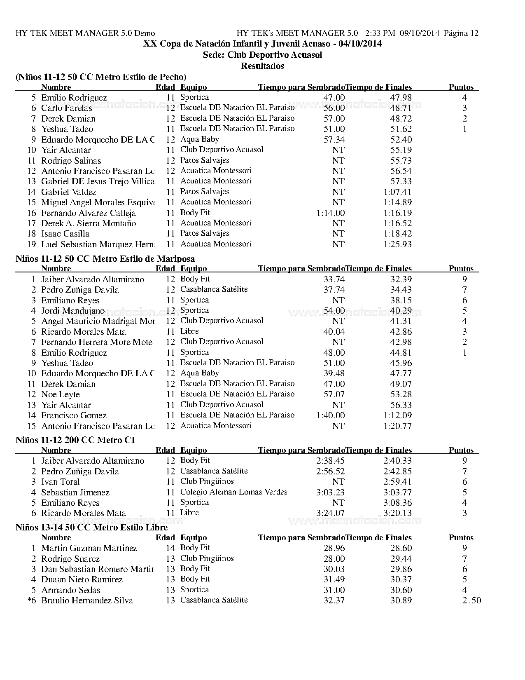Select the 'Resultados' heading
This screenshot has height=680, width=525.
[262, 66]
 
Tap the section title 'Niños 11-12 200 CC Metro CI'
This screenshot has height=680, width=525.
[75, 440]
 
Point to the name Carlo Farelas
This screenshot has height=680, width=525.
[67, 108]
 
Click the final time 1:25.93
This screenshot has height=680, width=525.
[397, 244]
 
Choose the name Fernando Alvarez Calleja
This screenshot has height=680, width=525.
[89, 213]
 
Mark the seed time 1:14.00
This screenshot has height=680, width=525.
[331, 213]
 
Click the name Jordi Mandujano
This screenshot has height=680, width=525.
[73, 311]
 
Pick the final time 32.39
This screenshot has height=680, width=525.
[401, 279]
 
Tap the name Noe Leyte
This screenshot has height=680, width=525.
[61, 394]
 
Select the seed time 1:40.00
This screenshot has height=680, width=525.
[331, 415]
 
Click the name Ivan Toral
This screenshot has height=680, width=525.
[61, 482]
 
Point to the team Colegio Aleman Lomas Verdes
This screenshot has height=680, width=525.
[233, 492]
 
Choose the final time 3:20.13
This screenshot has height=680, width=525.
[397, 513]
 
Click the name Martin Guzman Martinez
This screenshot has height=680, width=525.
[89, 548]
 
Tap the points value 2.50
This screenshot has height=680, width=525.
[471, 600]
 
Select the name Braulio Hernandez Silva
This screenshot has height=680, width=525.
[87, 600]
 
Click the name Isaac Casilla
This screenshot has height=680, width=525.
[65, 234]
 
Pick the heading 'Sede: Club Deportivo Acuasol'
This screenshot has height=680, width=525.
[262, 55]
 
